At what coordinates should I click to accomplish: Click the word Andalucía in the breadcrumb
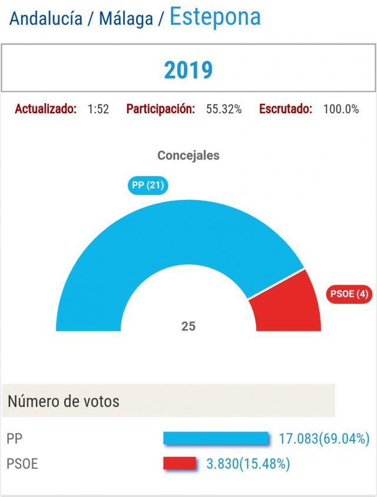tap(46, 19)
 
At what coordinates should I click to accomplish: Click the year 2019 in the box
tap(188, 70)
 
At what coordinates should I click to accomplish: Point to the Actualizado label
tap(45, 109)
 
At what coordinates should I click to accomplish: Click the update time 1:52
tap(98, 109)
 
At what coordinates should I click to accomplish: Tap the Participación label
tap(160, 109)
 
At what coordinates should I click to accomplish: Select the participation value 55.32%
tap(224, 109)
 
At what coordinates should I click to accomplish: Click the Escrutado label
tap(286, 109)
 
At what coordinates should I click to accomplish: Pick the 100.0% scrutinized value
tap(341, 109)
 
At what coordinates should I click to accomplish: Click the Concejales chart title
tap(188, 155)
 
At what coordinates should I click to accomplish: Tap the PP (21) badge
tap(148, 186)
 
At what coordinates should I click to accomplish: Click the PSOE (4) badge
tap(349, 294)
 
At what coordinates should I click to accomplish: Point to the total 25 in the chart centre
tap(188, 326)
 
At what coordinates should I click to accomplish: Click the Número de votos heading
tap(64, 402)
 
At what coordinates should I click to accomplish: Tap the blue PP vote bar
tap(215, 438)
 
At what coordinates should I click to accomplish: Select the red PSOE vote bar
tap(180, 463)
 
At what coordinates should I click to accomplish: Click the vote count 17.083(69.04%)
tap(324, 439)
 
